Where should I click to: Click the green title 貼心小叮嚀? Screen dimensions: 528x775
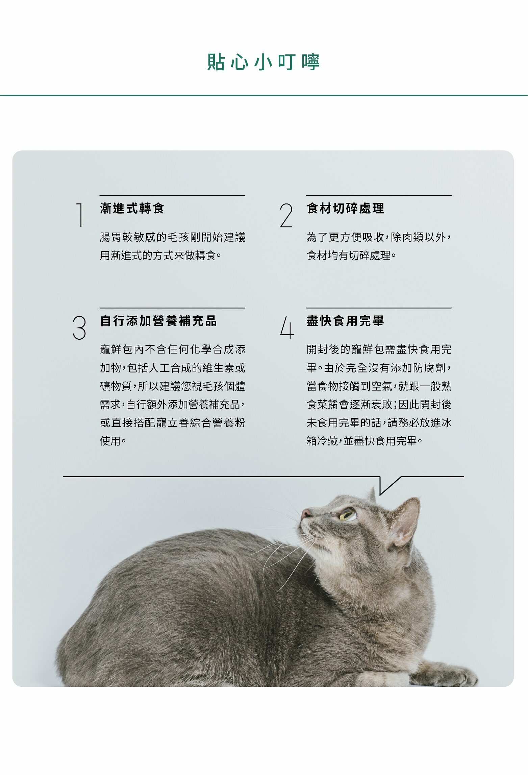click(x=263, y=62)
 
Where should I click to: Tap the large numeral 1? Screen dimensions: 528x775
click(x=80, y=215)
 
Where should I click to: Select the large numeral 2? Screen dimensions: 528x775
click(x=286, y=215)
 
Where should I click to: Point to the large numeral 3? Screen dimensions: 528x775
click(x=79, y=328)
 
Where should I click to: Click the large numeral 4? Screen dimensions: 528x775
click(x=287, y=327)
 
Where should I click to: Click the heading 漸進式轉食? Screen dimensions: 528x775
click(x=132, y=208)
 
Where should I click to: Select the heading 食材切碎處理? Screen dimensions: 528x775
click(x=345, y=208)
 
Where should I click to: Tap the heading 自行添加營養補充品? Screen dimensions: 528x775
click(x=158, y=321)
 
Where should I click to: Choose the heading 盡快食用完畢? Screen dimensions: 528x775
click(x=345, y=321)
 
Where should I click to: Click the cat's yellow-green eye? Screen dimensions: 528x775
click(x=348, y=515)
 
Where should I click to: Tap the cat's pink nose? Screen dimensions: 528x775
click(x=306, y=514)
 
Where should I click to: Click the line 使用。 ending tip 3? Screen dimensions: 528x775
click(x=113, y=441)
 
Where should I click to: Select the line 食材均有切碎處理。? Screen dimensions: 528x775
click(x=351, y=255)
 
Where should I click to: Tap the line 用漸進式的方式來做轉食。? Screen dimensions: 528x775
click(x=161, y=255)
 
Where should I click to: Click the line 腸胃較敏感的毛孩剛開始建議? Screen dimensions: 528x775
click(x=173, y=237)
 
